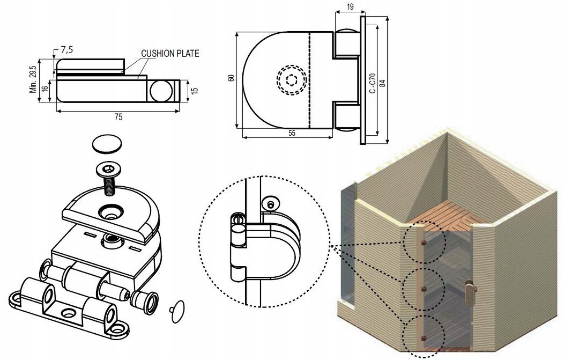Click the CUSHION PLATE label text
tap(170, 54)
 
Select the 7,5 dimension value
tap(66, 50)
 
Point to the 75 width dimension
tap(118, 116)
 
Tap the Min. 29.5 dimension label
tap(33, 79)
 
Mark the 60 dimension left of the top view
tap(231, 78)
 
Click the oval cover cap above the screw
tap(107, 144)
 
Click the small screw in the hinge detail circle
tap(271, 203)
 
